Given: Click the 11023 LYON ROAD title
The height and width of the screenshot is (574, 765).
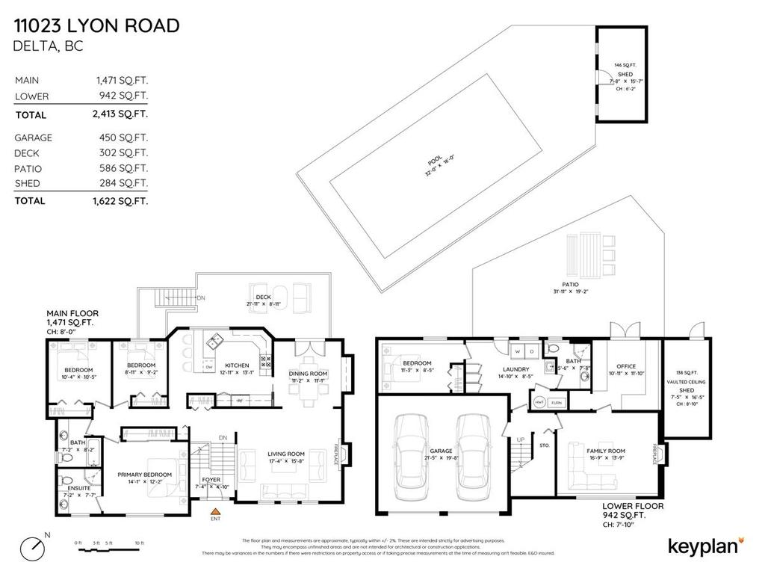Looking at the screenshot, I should click(x=97, y=26).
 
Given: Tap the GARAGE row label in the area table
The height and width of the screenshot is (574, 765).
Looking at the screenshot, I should click(x=34, y=138).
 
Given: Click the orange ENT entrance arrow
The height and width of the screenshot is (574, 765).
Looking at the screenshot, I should click(x=215, y=512).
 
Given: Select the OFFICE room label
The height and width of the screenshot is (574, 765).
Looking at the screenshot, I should click(x=626, y=366).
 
